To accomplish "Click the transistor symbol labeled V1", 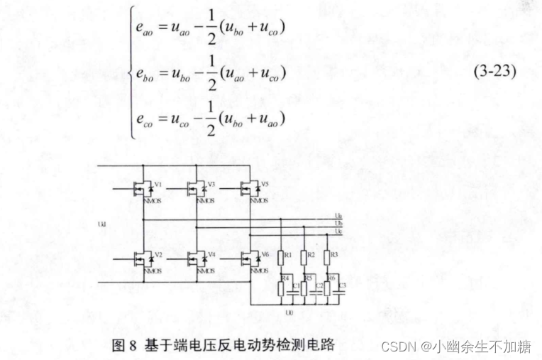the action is pos(144,188).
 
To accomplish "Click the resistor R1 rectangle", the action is pos(282,257).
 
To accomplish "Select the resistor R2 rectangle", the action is pos(304,257).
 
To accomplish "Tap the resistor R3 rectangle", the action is pos(326,257).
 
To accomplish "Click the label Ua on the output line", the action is pos(338,216).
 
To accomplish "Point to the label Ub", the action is pos(338,223).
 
